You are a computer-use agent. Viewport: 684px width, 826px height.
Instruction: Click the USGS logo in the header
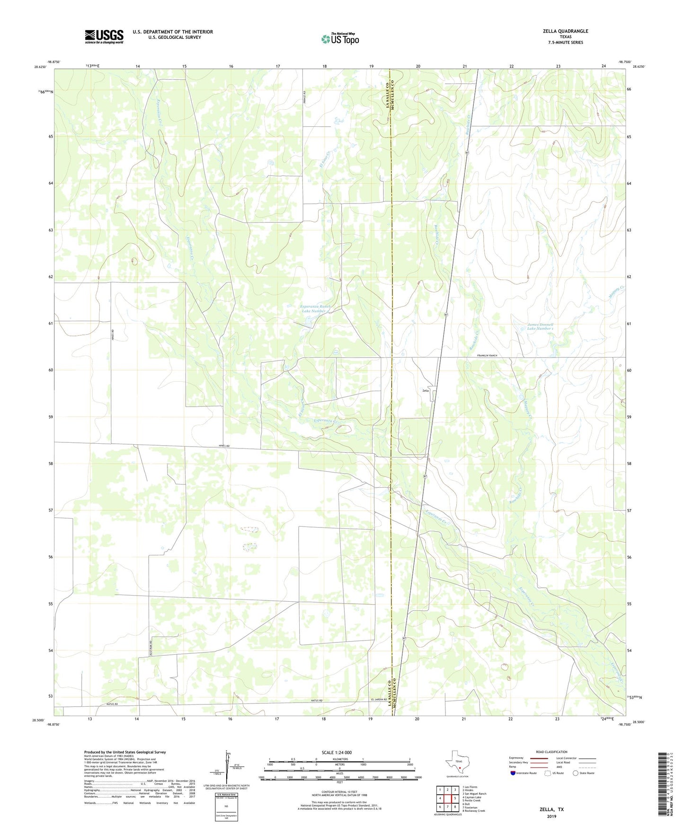tap(104, 36)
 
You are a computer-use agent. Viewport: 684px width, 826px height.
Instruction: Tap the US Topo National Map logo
tap(340, 39)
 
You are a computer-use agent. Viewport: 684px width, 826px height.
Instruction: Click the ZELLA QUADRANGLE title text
tap(565, 31)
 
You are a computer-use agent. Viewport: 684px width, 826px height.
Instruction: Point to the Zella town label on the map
tap(425, 390)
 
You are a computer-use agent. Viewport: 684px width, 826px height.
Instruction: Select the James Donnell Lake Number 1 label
tap(540, 326)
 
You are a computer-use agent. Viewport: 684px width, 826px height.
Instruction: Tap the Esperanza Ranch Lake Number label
tap(316, 308)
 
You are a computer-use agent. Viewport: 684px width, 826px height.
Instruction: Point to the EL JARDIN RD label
tap(379, 700)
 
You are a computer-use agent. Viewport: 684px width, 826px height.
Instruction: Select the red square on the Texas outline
tap(459, 768)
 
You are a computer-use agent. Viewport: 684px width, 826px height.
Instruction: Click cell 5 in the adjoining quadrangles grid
tap(455, 798)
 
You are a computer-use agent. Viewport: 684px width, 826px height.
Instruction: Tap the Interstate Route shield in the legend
tap(513, 773)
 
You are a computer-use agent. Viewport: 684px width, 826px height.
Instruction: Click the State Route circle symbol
tap(575, 773)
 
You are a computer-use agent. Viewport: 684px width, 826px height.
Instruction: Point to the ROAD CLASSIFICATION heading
tap(551, 752)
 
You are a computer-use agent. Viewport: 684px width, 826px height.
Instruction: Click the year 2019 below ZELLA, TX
tap(551, 816)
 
